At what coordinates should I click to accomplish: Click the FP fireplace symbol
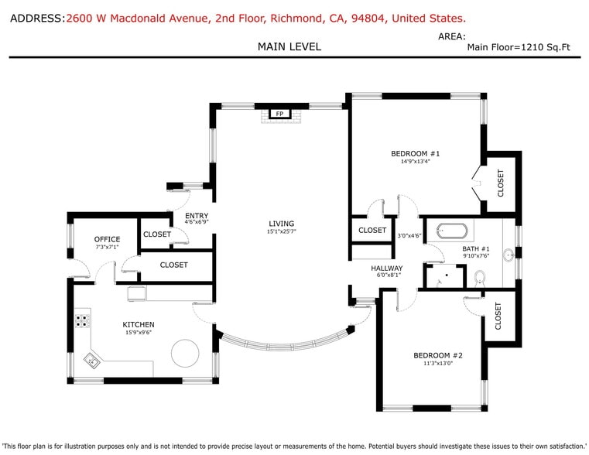tap(279, 115)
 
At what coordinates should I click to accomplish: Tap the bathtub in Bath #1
tap(451, 231)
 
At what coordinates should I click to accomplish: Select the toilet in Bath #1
tap(479, 276)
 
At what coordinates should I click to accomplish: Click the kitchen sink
tap(93, 360)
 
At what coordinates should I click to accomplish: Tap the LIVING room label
tap(281, 224)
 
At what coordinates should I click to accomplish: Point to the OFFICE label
tap(107, 239)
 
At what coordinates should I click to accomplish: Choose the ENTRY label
tap(197, 216)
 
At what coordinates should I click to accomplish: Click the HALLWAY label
tap(386, 268)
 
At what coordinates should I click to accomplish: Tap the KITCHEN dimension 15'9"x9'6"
tap(139, 333)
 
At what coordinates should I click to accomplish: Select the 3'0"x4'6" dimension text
tap(409, 236)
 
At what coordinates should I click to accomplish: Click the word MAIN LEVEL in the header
tap(289, 47)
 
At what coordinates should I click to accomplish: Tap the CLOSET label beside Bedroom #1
tap(500, 183)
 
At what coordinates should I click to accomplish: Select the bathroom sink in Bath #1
tap(509, 255)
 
